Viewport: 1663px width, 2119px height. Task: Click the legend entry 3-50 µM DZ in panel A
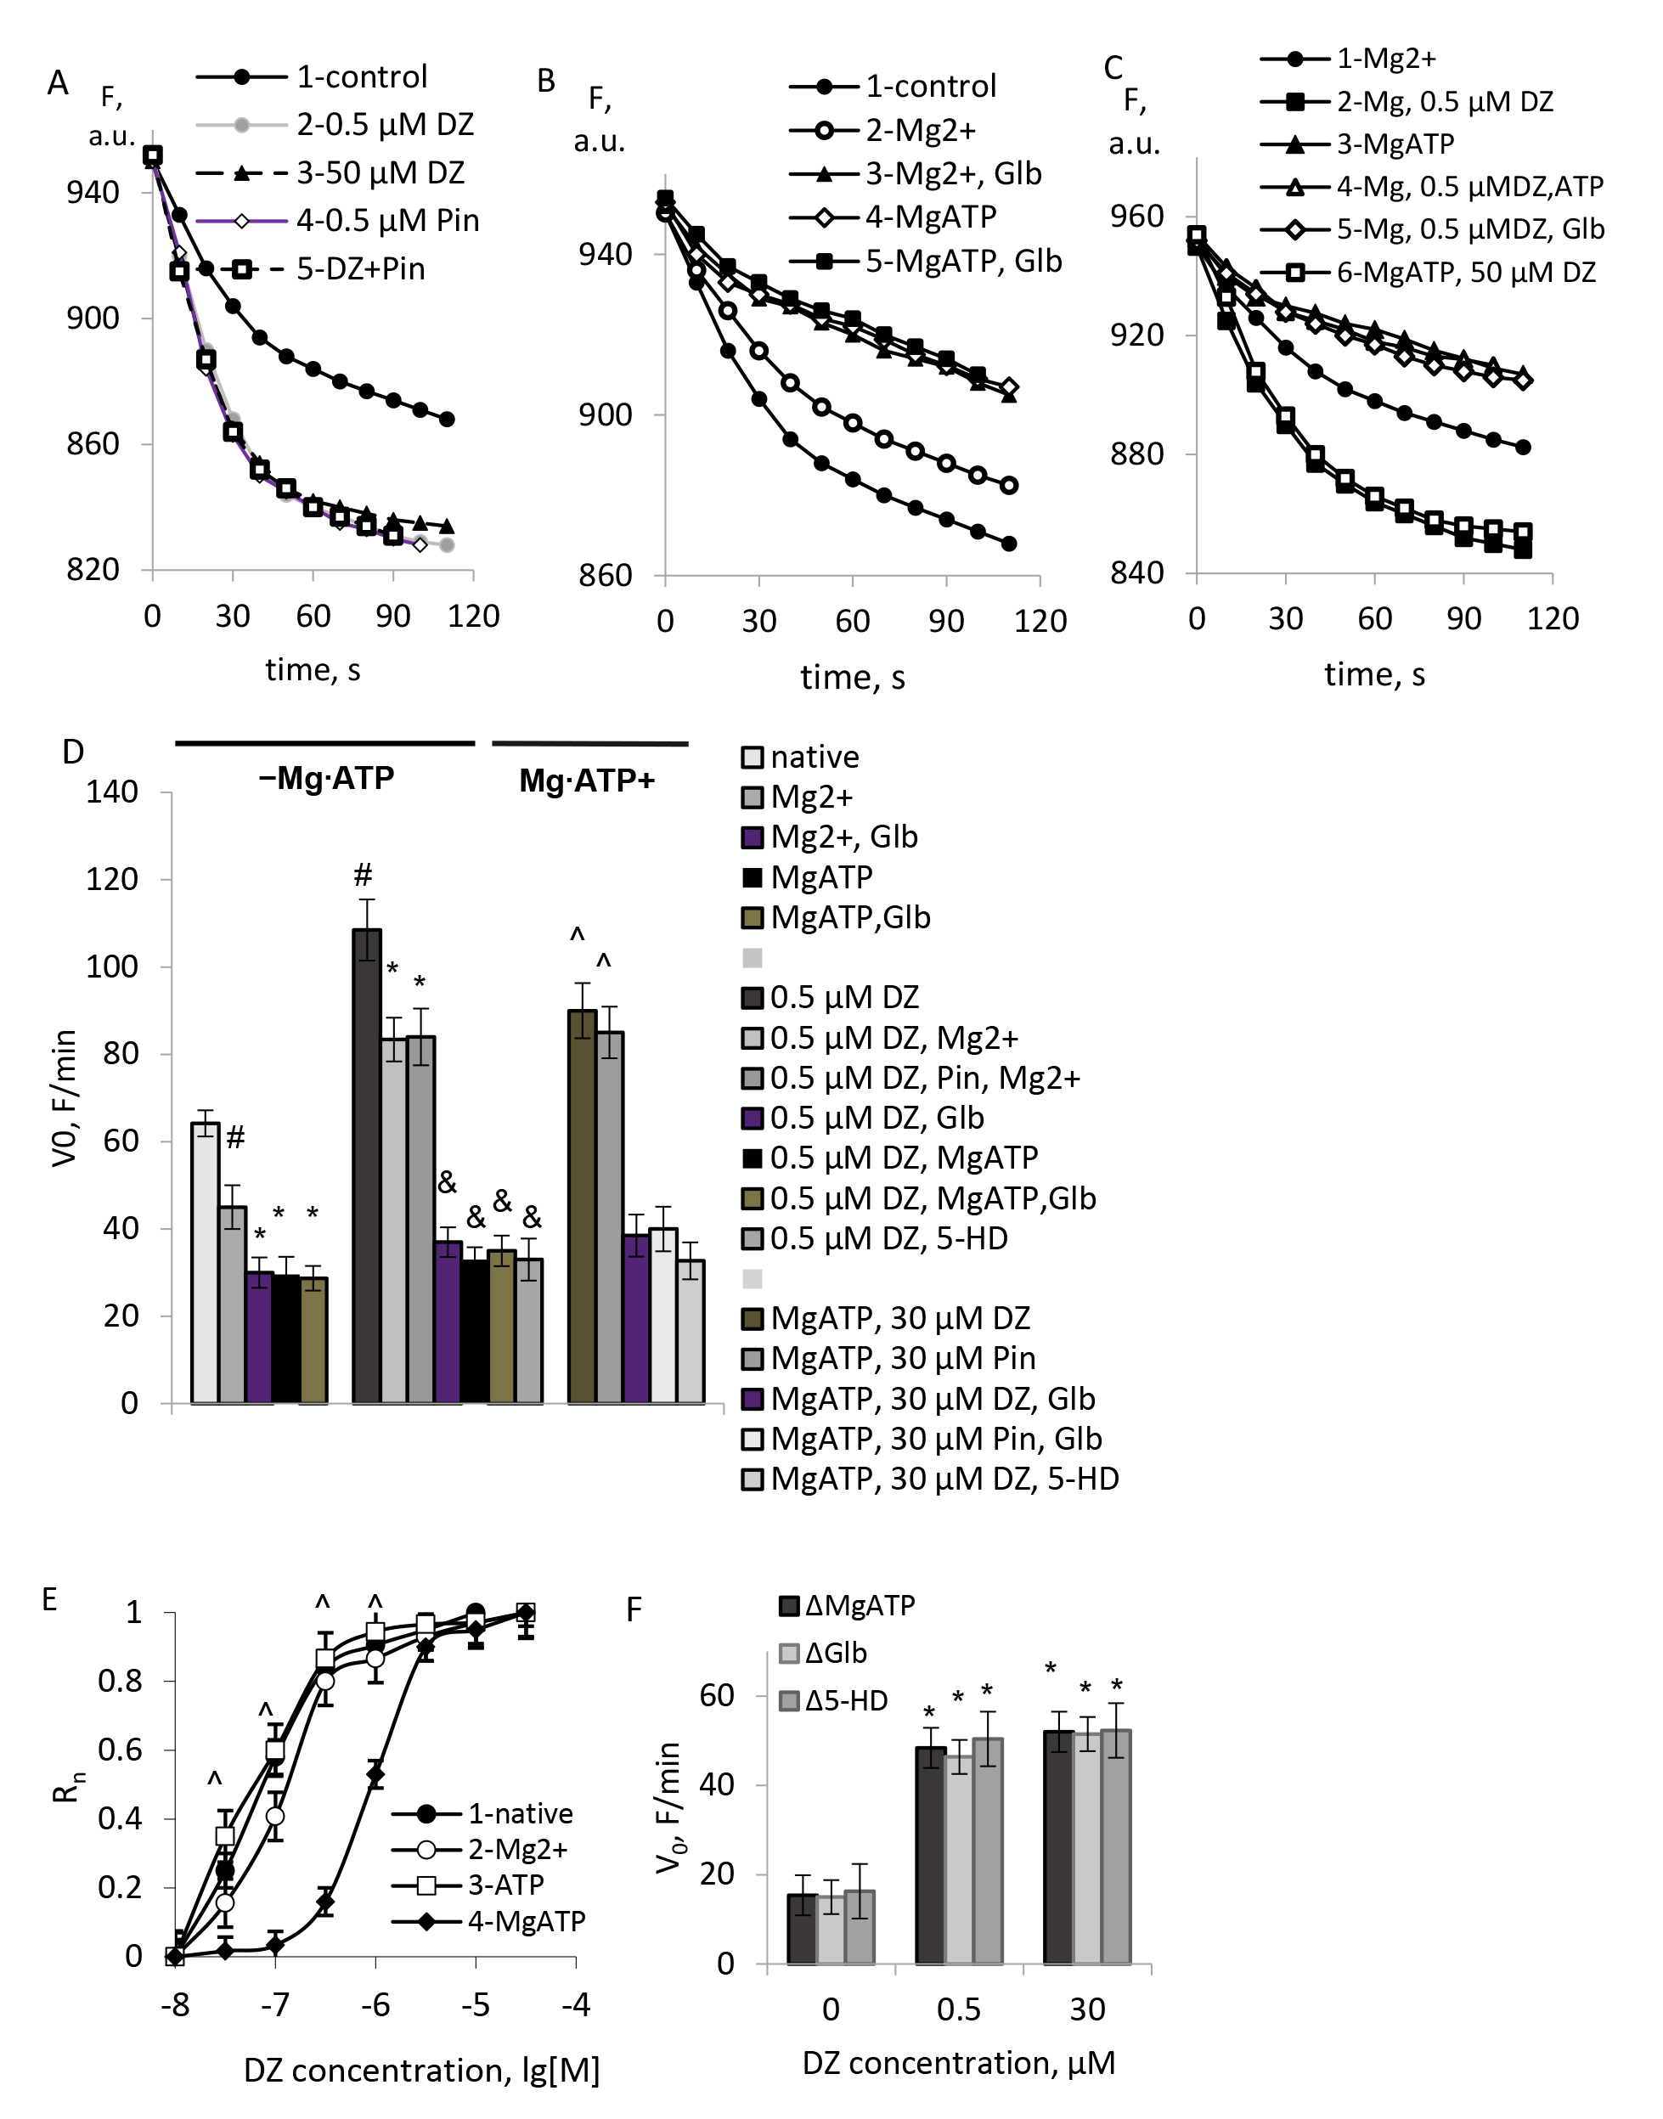(380, 173)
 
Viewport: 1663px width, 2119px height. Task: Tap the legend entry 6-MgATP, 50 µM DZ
(1465, 273)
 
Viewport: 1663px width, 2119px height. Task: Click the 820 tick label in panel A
(93, 569)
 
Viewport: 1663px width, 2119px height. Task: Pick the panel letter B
(545, 81)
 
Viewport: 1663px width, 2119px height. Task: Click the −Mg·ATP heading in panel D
(326, 779)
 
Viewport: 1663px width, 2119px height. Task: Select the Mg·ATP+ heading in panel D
(586, 781)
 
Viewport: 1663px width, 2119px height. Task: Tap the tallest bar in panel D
(367, 1165)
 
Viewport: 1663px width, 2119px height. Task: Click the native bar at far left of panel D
(205, 1262)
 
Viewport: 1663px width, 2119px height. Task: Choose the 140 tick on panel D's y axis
(112, 792)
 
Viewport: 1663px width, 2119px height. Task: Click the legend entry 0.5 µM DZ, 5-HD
(888, 1238)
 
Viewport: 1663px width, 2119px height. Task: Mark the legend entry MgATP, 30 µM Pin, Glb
(936, 1439)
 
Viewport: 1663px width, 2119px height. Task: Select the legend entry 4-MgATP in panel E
(526, 1921)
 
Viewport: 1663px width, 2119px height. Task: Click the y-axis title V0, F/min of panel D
(65, 1097)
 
